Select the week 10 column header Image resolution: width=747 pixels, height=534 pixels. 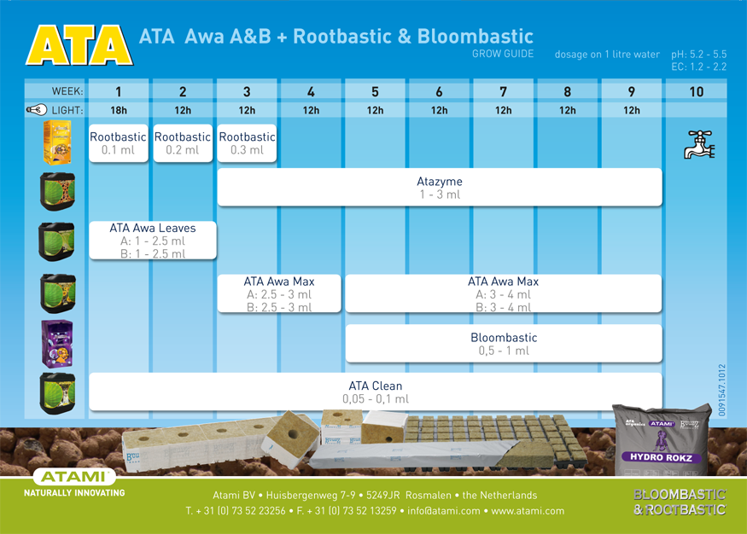(x=696, y=91)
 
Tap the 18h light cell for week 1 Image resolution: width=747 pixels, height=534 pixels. (x=119, y=110)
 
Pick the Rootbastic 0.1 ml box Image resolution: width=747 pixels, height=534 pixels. (x=119, y=143)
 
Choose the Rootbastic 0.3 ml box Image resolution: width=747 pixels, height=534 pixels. (x=247, y=143)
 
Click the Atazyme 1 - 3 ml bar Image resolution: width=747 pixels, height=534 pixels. (x=440, y=188)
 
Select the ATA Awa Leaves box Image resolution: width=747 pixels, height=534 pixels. (x=153, y=241)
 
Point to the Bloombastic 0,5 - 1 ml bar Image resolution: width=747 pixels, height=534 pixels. (x=504, y=344)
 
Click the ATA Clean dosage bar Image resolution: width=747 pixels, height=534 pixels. (x=376, y=392)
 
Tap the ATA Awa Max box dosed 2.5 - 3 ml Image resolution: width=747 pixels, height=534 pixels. (x=279, y=293)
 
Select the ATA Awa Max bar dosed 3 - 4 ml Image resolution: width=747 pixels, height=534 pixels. (x=504, y=293)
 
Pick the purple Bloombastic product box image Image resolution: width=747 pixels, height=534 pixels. (x=57, y=344)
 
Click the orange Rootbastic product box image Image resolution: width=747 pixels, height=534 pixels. (x=57, y=142)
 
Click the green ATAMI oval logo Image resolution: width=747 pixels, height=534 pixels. (x=74, y=477)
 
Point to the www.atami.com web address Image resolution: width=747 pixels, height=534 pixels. (x=528, y=511)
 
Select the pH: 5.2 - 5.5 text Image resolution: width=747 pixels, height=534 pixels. (x=699, y=54)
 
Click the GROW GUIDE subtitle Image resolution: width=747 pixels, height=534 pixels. (x=503, y=54)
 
